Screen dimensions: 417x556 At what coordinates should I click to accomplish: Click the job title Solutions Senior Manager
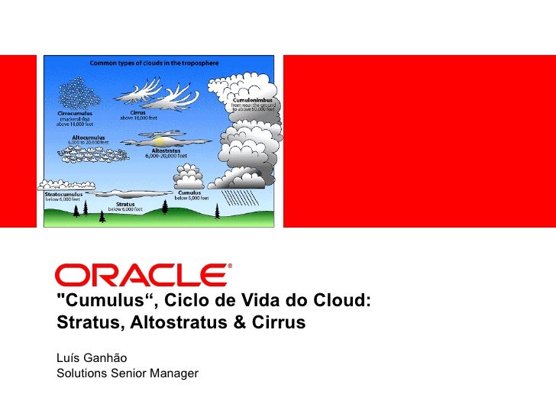(127, 373)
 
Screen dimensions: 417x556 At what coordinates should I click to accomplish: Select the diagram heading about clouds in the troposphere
(155, 62)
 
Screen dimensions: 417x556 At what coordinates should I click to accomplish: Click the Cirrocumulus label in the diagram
(76, 111)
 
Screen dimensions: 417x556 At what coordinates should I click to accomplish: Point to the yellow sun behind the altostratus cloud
(159, 141)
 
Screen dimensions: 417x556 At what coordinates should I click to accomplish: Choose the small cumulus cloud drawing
(189, 179)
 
